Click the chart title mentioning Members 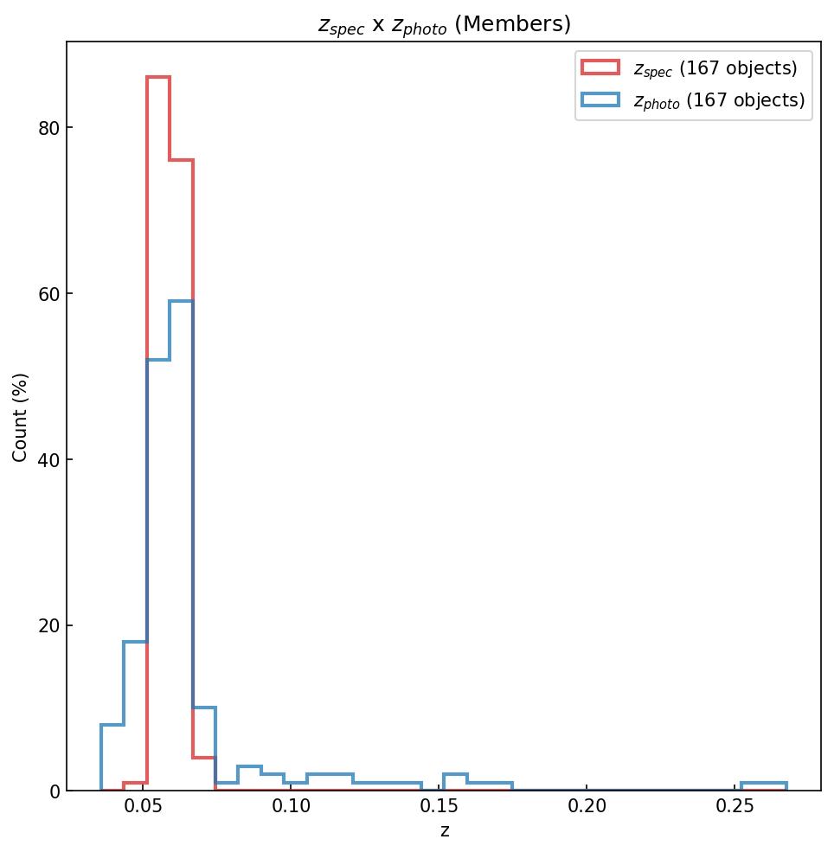click(x=444, y=25)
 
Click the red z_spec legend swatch click(x=600, y=67)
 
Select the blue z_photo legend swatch click(x=600, y=100)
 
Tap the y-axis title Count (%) click(x=20, y=417)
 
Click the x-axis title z click(x=444, y=831)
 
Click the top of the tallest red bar click(x=157, y=78)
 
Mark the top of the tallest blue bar click(x=181, y=301)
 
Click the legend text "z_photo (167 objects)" click(x=719, y=100)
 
